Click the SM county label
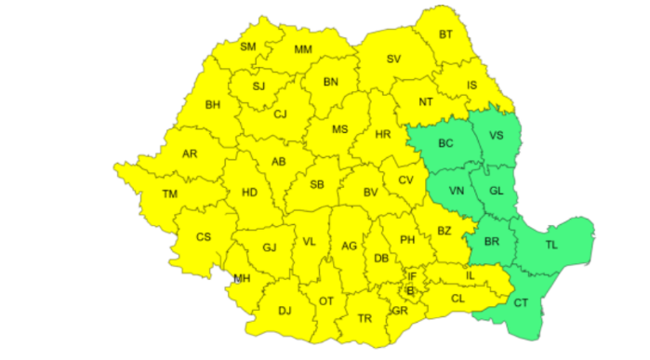[x=248, y=47]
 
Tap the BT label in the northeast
[x=447, y=34]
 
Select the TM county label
[x=169, y=193]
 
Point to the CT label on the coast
[x=521, y=302]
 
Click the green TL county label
[x=551, y=245]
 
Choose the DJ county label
[x=285, y=310]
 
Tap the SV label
[x=393, y=60]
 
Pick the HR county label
[x=381, y=134]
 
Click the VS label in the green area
[x=496, y=135]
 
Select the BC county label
[x=445, y=143]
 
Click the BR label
[x=493, y=242]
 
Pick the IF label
[x=412, y=275]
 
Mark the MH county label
[x=243, y=277]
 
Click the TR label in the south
[x=365, y=318]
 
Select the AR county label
[x=190, y=153]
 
